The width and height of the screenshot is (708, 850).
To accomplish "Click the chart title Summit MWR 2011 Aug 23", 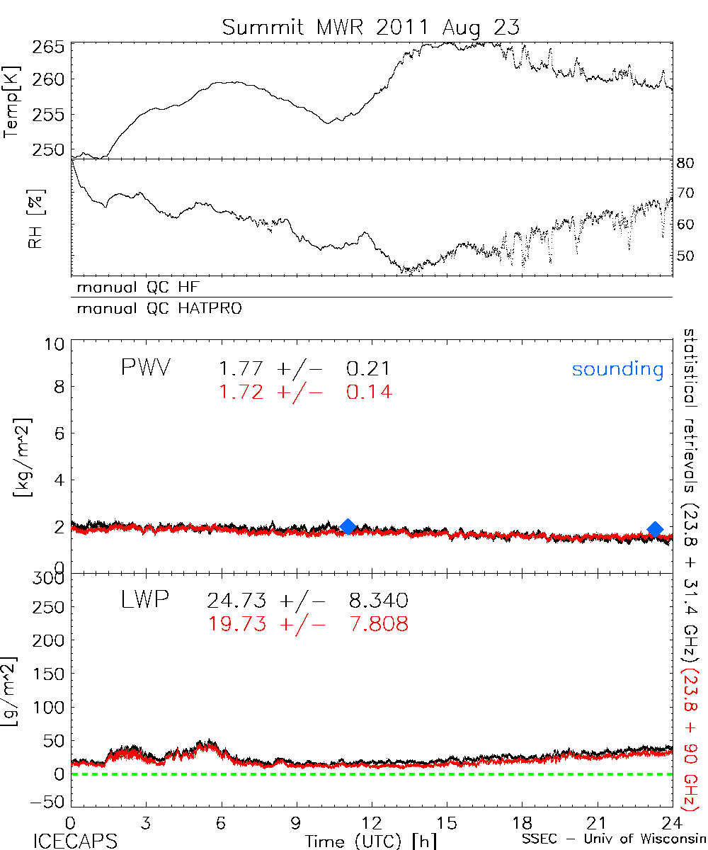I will pos(371,27).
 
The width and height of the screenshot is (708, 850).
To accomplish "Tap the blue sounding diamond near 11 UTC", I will pos(348,526).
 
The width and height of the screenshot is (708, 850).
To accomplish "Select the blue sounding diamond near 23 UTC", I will pos(655,529).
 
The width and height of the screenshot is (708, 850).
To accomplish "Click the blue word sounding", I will pos(617,369).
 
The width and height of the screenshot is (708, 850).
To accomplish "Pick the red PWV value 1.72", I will pos(241,391).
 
